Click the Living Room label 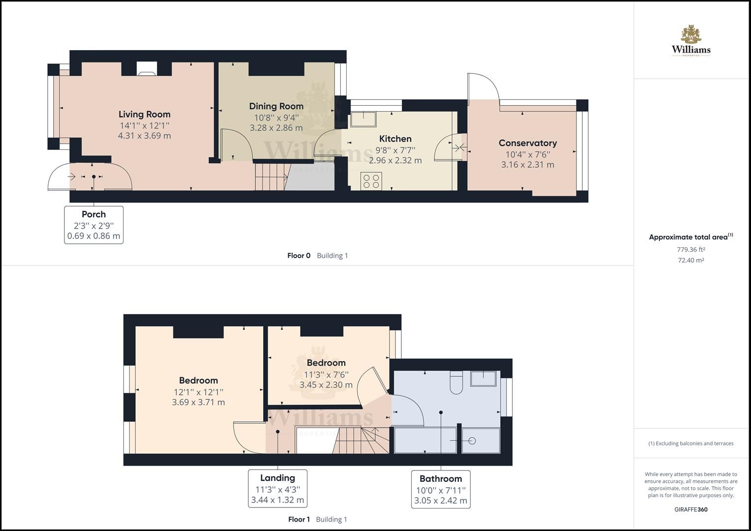pyautogui.click(x=144, y=114)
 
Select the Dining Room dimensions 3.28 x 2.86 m pyautogui.click(x=276, y=128)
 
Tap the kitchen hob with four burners pyautogui.click(x=371, y=180)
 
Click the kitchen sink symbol pyautogui.click(x=363, y=118)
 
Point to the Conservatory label pyautogui.click(x=527, y=143)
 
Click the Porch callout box pyautogui.click(x=93, y=225)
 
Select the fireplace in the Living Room pyautogui.click(x=147, y=69)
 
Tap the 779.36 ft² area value pyautogui.click(x=691, y=249)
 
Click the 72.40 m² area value pyautogui.click(x=691, y=260)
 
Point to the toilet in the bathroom pyautogui.click(x=456, y=383)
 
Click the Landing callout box pyautogui.click(x=277, y=488)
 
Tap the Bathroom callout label pyautogui.click(x=440, y=478)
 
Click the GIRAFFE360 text pyautogui.click(x=691, y=509)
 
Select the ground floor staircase pyautogui.click(x=271, y=177)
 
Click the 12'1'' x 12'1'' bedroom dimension pyautogui.click(x=198, y=392)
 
